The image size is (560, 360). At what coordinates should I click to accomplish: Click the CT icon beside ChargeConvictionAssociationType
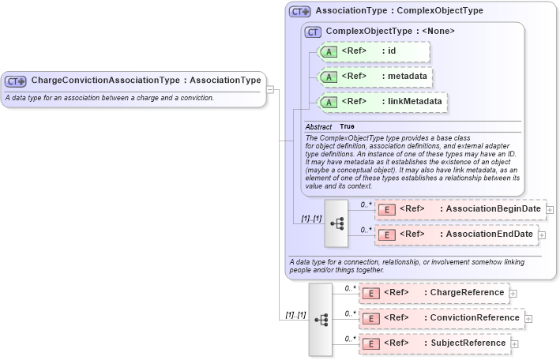tap(16, 81)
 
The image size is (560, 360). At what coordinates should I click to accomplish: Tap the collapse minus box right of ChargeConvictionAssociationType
tap(270, 89)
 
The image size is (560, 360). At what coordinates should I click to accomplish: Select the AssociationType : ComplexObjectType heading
tap(399, 11)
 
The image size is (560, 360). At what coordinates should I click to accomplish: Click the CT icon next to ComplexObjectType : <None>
tap(314, 32)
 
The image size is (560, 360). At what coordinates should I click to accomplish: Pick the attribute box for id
tap(373, 51)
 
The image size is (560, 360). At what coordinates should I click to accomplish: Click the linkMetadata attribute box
tap(381, 102)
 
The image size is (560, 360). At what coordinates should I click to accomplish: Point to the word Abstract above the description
tap(318, 126)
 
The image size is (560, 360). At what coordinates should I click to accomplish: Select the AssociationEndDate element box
tap(456, 234)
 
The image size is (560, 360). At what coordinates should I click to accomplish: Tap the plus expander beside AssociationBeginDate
tap(550, 210)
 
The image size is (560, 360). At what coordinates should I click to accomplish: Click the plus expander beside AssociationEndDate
tap(542, 234)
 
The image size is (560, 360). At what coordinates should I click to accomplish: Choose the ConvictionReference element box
tap(441, 318)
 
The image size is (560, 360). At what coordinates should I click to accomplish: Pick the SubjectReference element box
tap(434, 343)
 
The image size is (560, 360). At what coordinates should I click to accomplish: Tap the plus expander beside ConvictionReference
tap(529, 319)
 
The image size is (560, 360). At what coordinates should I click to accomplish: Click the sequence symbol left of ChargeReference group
tap(321, 319)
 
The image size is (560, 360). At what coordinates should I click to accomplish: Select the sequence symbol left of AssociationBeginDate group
tap(336, 223)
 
